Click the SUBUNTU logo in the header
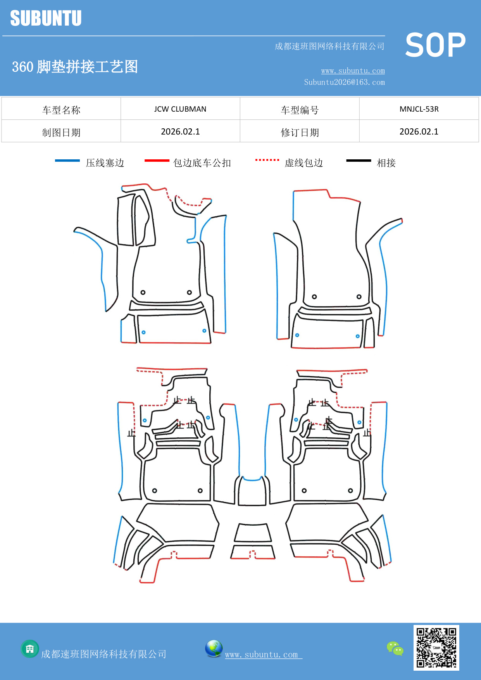tap(46, 18)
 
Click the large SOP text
tap(435, 45)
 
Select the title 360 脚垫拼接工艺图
tap(75, 67)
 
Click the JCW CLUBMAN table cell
tap(180, 109)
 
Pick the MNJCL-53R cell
tap(419, 109)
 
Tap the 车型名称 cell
tap(61, 110)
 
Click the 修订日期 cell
tap(300, 133)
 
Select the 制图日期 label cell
tap(61, 133)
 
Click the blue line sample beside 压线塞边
tap(67, 161)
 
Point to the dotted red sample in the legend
tap(267, 160)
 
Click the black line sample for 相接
tap(359, 161)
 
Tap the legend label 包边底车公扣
tap(202, 163)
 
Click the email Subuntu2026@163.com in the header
tap(344, 82)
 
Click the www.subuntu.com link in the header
tap(353, 71)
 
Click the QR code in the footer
tap(436, 647)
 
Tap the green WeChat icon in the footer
tap(395, 648)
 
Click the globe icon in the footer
tap(214, 648)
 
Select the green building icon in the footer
tap(30, 649)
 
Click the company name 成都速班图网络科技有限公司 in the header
tap(329, 47)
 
